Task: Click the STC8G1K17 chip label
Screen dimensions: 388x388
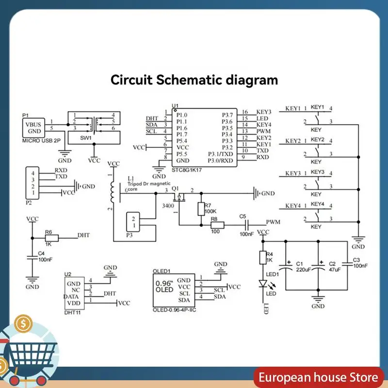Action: [x=187, y=170]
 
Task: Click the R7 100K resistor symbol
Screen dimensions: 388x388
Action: [x=201, y=209]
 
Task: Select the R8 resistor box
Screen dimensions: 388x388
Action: [x=217, y=225]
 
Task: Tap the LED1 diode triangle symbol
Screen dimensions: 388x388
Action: [x=263, y=284]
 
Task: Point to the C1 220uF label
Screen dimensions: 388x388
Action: [x=303, y=267]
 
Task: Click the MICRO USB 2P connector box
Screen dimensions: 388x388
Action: [x=33, y=128]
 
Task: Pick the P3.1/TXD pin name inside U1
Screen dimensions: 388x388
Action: [x=220, y=154]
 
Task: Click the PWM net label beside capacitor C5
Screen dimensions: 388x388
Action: [x=273, y=222]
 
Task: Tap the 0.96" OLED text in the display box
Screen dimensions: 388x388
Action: [x=164, y=287]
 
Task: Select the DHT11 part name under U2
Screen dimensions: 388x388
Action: [x=72, y=312]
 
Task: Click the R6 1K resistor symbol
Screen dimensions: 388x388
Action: [x=52, y=238]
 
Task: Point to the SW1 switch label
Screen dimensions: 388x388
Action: [x=86, y=138]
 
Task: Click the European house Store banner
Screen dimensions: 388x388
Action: [x=318, y=377]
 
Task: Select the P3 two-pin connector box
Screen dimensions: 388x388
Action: [x=133, y=222]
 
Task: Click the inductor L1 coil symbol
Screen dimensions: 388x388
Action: [x=113, y=192]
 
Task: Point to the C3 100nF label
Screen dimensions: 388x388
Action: [x=360, y=263]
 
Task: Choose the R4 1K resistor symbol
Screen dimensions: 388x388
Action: [x=263, y=258]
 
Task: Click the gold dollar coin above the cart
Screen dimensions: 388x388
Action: [x=23, y=323]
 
